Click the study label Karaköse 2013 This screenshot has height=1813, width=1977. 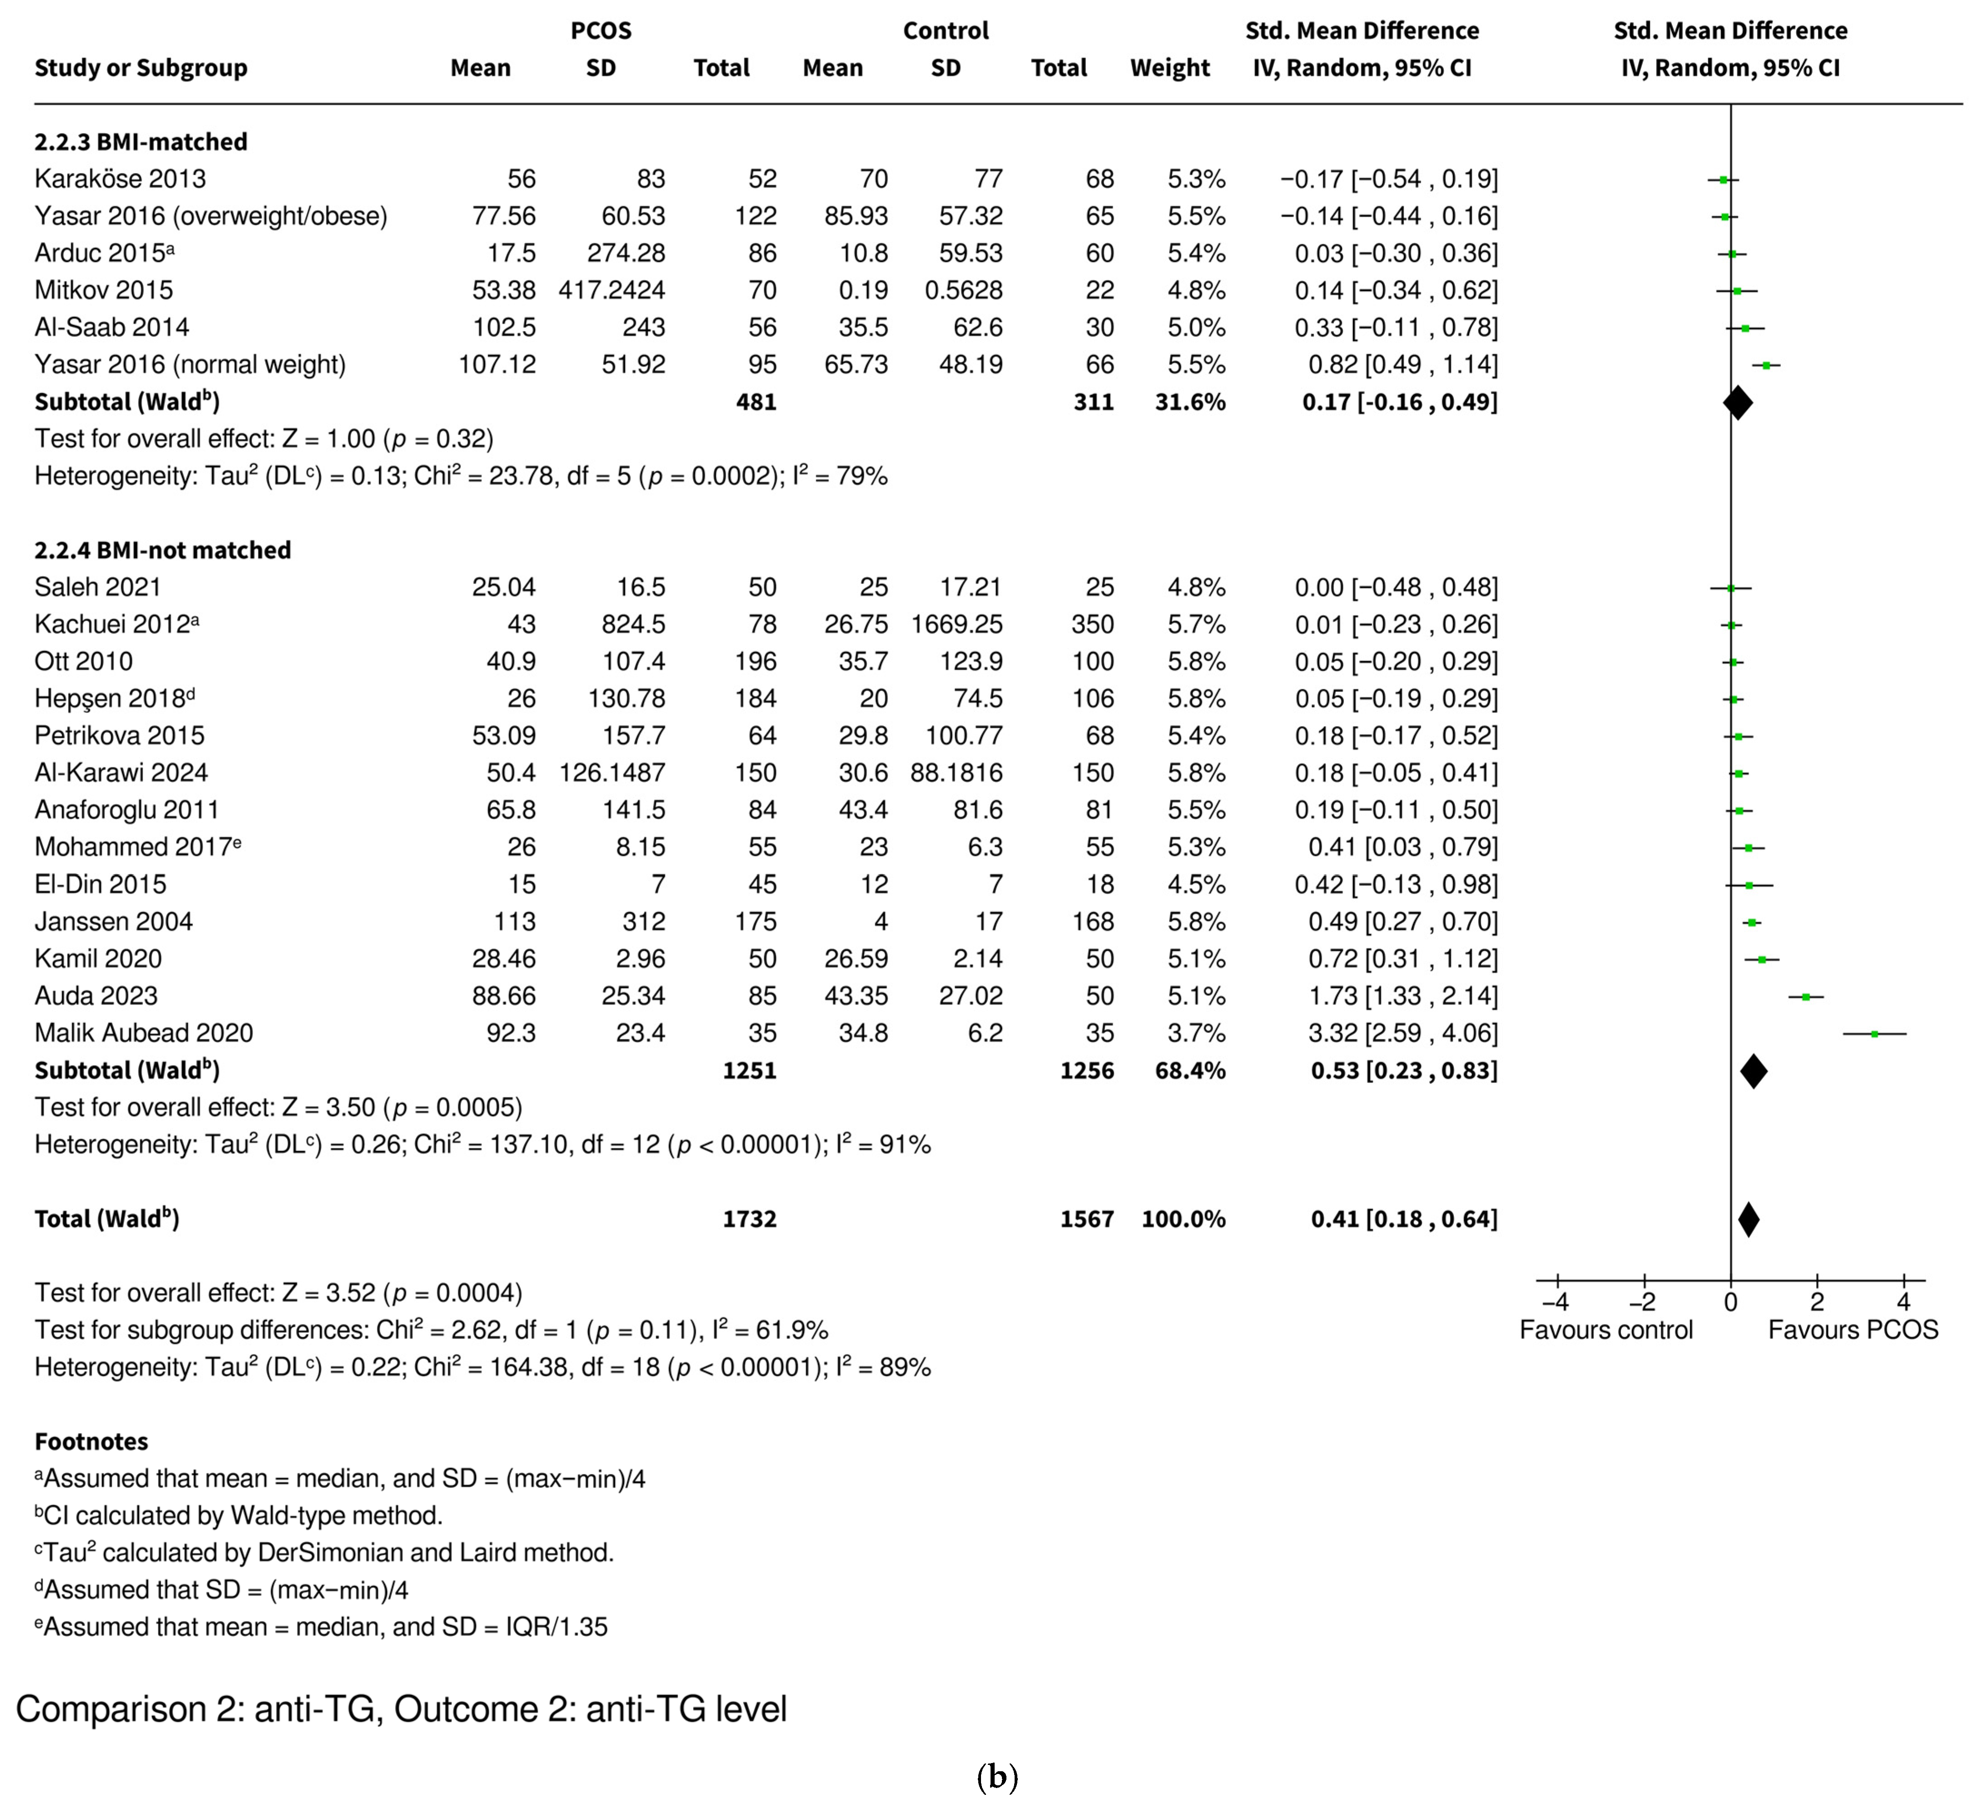120,178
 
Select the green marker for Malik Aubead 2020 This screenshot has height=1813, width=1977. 1874,1034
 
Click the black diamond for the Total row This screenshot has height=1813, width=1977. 1749,1220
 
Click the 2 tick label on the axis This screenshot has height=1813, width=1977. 1817,1303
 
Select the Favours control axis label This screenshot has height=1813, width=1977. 1606,1330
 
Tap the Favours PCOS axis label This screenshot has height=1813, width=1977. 1853,1330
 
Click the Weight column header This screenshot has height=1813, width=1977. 1169,68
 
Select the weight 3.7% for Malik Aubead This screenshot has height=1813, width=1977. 1196,1033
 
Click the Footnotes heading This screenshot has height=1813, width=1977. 91,1441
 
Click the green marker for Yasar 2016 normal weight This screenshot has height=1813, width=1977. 1766,365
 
